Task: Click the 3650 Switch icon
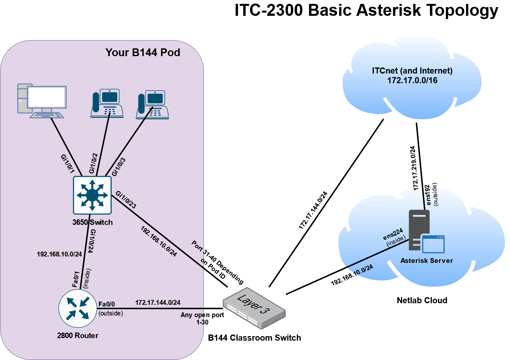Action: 92,195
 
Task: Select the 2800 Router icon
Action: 78,309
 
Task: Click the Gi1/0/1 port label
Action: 68,164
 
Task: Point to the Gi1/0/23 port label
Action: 126,200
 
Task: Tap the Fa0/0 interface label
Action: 107,304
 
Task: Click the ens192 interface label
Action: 428,195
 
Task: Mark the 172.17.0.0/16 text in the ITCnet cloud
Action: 412,80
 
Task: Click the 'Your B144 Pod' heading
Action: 143,53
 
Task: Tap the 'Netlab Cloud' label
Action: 422,300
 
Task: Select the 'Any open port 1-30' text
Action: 202,318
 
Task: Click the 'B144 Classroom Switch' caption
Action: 254,338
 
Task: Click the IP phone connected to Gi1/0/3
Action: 152,105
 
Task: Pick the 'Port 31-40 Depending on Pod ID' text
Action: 217,263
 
